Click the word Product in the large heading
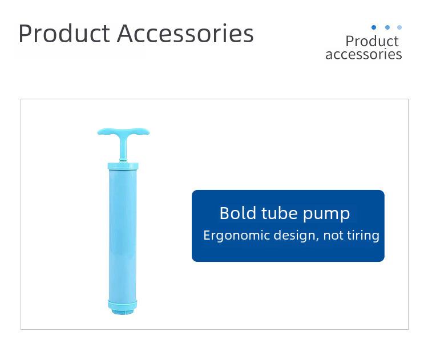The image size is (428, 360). pyautogui.click(x=64, y=33)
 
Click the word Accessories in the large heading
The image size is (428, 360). pyautogui.click(x=185, y=33)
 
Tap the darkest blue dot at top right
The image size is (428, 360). pyautogui.click(x=374, y=27)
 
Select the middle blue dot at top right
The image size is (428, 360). pyautogui.click(x=387, y=27)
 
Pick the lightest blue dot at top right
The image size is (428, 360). pyautogui.click(x=399, y=27)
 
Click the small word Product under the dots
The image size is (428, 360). pyautogui.click(x=372, y=41)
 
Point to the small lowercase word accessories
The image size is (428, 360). pyautogui.click(x=364, y=54)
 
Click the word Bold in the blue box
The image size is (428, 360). pyautogui.click(x=238, y=213)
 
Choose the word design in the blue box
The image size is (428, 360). pyautogui.click(x=296, y=235)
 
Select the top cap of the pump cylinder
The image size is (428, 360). pyautogui.click(x=123, y=166)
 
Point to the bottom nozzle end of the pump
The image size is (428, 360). pyautogui.click(x=123, y=311)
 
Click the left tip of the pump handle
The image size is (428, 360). pyautogui.click(x=98, y=132)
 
